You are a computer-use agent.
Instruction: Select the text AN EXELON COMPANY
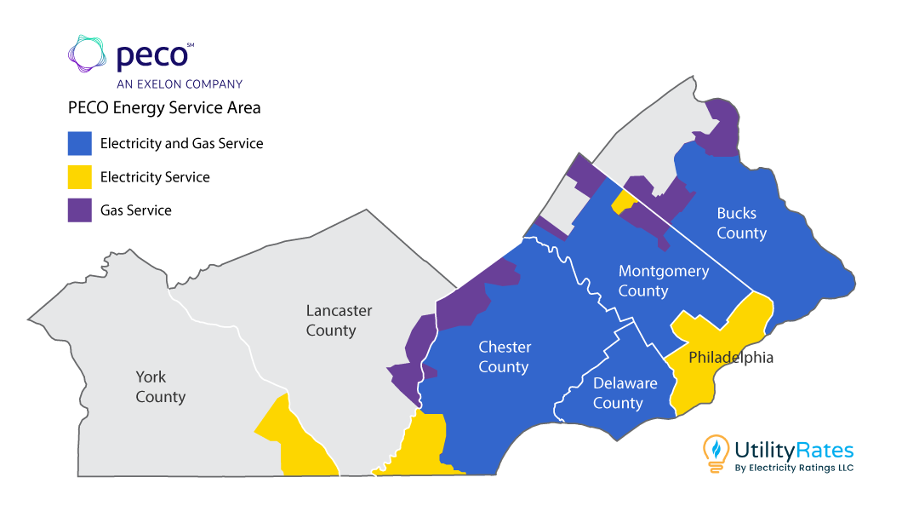point(180,84)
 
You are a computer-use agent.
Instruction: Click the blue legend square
point(79,143)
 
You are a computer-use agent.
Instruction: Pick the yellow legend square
point(79,176)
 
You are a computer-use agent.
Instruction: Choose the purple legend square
point(79,210)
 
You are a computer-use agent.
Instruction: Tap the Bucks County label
point(740,223)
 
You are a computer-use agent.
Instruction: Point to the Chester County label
point(504,357)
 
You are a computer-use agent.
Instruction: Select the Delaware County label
point(625,393)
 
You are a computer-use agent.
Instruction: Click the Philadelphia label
point(731,357)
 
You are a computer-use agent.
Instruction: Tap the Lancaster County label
point(339,320)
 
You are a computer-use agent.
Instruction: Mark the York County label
point(160,387)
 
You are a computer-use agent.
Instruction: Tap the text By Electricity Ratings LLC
point(792,468)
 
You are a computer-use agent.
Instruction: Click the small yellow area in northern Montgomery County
point(622,202)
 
